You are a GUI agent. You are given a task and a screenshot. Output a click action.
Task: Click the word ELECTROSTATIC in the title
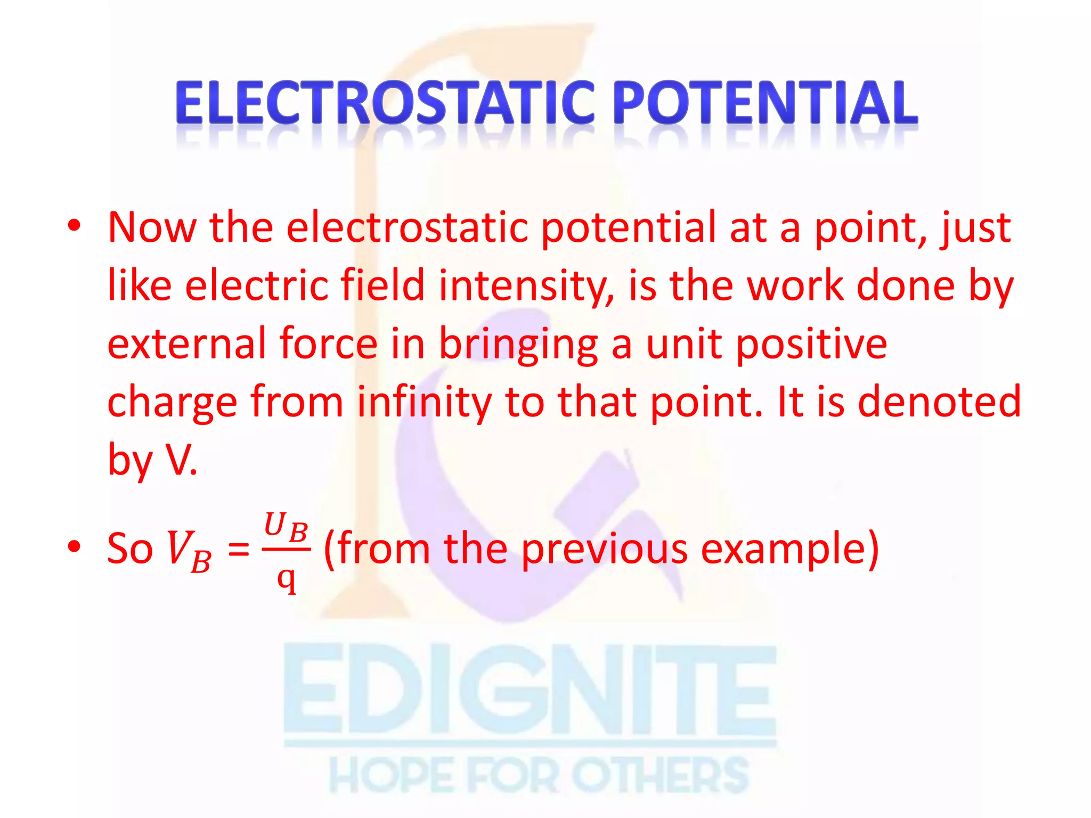tap(384, 102)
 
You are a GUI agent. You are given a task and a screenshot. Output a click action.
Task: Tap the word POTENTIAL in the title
tap(765, 102)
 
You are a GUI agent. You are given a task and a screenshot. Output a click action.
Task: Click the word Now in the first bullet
tap(152, 227)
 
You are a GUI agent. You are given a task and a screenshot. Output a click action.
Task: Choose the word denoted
tap(939, 401)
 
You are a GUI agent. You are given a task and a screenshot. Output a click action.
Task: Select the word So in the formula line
tap(130, 548)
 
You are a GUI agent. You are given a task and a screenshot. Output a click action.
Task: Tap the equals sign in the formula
tap(238, 549)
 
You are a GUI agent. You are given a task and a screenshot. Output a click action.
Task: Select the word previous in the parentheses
tap(604, 549)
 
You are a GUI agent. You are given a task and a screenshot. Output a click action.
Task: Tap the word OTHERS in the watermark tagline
tap(661, 775)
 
